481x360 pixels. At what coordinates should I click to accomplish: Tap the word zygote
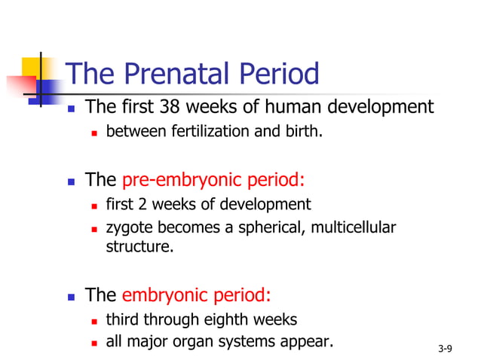[x=127, y=227]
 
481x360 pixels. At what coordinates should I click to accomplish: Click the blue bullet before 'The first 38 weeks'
[x=72, y=108]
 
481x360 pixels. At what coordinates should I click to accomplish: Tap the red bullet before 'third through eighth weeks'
[x=94, y=319]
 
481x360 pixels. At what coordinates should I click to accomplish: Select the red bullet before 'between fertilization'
[x=94, y=134]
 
